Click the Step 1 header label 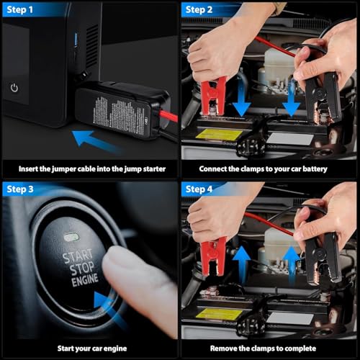(x=22, y=9)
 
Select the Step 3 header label (x=22, y=189)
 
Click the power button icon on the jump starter (x=14, y=87)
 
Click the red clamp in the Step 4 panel (x=214, y=252)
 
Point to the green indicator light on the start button (x=71, y=236)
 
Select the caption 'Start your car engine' (x=89, y=349)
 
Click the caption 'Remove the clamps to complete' (x=269, y=349)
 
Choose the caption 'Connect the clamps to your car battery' (x=269, y=168)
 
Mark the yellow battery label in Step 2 (x=214, y=134)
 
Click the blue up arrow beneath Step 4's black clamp (x=291, y=260)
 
